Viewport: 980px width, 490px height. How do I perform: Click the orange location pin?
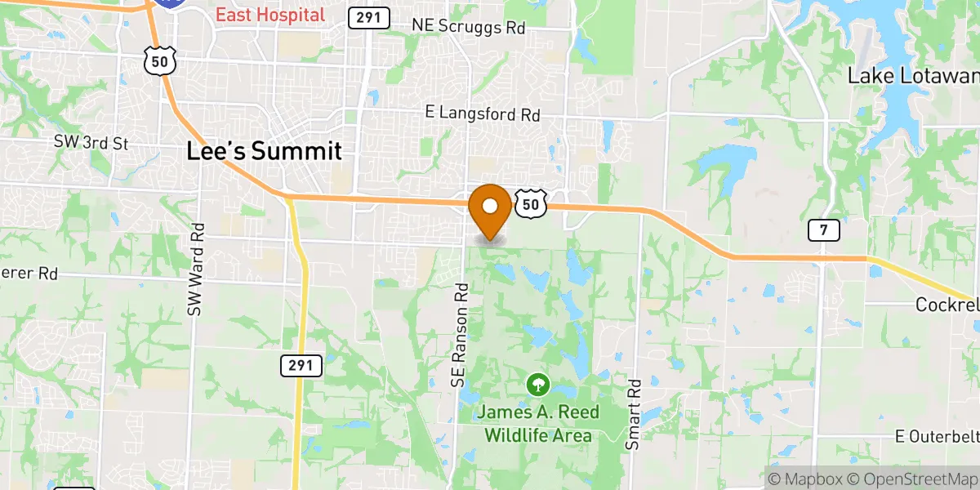490,210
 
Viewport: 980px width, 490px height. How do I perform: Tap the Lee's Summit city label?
263,151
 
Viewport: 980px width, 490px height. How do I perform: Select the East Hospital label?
269,15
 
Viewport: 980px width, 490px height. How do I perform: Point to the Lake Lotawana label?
913,76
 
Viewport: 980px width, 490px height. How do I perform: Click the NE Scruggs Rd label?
468,27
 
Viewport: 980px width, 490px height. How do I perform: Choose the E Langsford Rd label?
483,114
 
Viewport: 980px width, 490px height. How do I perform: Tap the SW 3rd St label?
91,143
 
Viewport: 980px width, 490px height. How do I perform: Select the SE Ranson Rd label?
460,335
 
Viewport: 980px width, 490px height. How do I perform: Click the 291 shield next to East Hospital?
368,17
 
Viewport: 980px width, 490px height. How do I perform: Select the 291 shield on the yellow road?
301,366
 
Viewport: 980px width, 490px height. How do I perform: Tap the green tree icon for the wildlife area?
537,382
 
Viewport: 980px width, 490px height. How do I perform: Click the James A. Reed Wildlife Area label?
537,423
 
